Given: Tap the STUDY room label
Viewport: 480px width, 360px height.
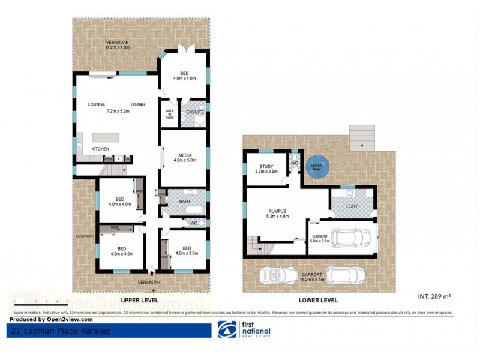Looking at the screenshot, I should click(266, 167).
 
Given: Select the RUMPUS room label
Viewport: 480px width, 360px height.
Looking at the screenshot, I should click(277, 211).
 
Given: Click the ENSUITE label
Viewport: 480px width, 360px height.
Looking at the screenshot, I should click(195, 112).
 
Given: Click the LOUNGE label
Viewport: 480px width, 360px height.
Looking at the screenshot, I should click(97, 104).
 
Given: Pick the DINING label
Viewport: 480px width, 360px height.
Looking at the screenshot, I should click(137, 104).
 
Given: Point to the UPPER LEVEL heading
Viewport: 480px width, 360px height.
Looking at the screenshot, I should click(139, 299).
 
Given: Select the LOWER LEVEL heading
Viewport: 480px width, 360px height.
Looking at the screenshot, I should click(319, 299).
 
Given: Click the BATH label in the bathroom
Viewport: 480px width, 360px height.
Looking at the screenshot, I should click(184, 202).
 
